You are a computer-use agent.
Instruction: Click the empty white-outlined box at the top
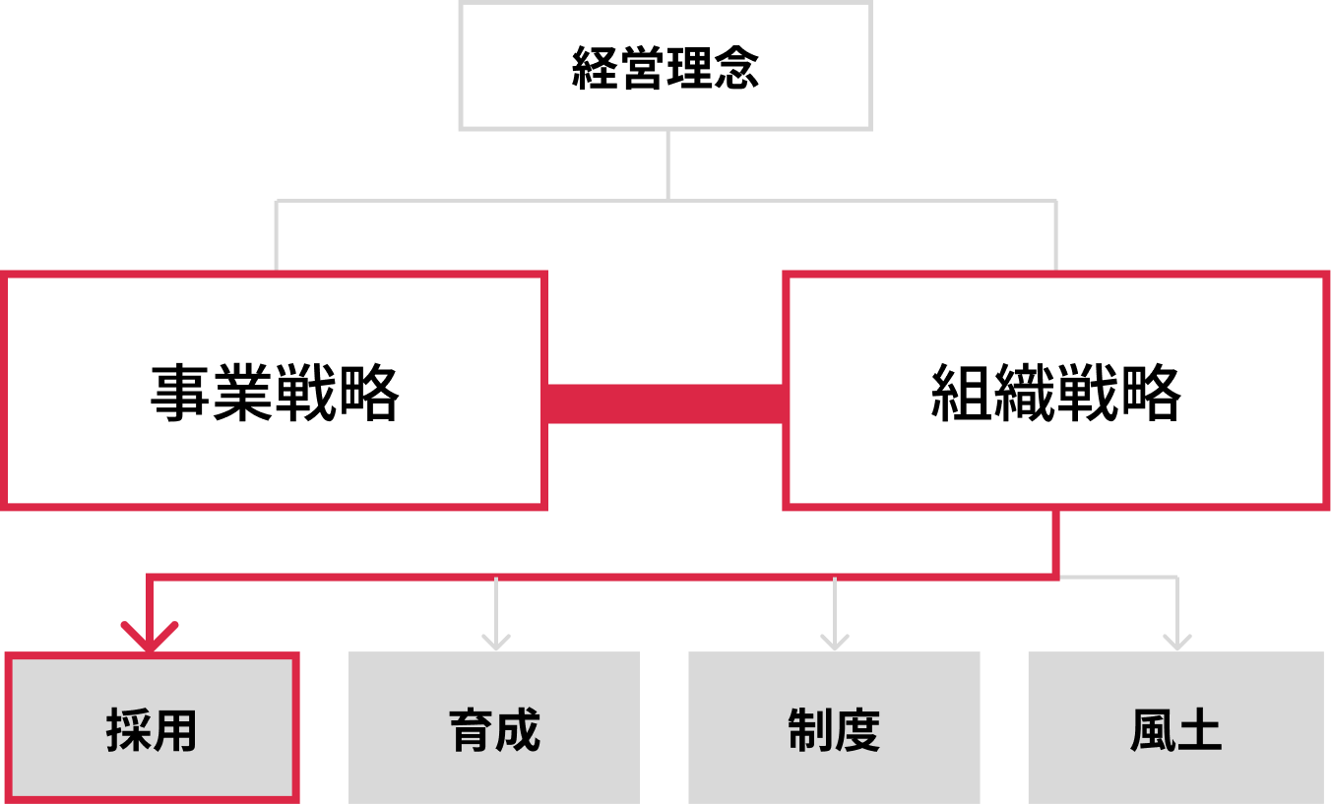point(665,66)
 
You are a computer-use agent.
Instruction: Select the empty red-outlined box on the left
point(274,391)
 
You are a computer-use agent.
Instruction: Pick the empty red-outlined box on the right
point(1056,391)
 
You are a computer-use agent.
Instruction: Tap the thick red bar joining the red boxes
point(665,403)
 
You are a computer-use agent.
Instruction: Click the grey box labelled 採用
point(152,727)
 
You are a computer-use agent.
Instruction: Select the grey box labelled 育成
point(494,727)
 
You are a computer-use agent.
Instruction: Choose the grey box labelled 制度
point(834,727)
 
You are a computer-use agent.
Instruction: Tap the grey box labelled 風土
point(1175,727)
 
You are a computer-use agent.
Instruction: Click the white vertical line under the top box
point(667,165)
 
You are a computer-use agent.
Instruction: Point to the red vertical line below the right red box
point(1055,541)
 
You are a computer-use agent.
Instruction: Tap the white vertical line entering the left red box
point(276,236)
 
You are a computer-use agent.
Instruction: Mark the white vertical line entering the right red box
point(1055,236)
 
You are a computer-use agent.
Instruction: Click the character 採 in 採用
point(128,731)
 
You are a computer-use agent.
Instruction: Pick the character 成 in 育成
point(518,731)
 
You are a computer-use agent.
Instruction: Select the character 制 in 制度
point(810,731)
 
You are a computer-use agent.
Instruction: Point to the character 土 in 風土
point(1199,731)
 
